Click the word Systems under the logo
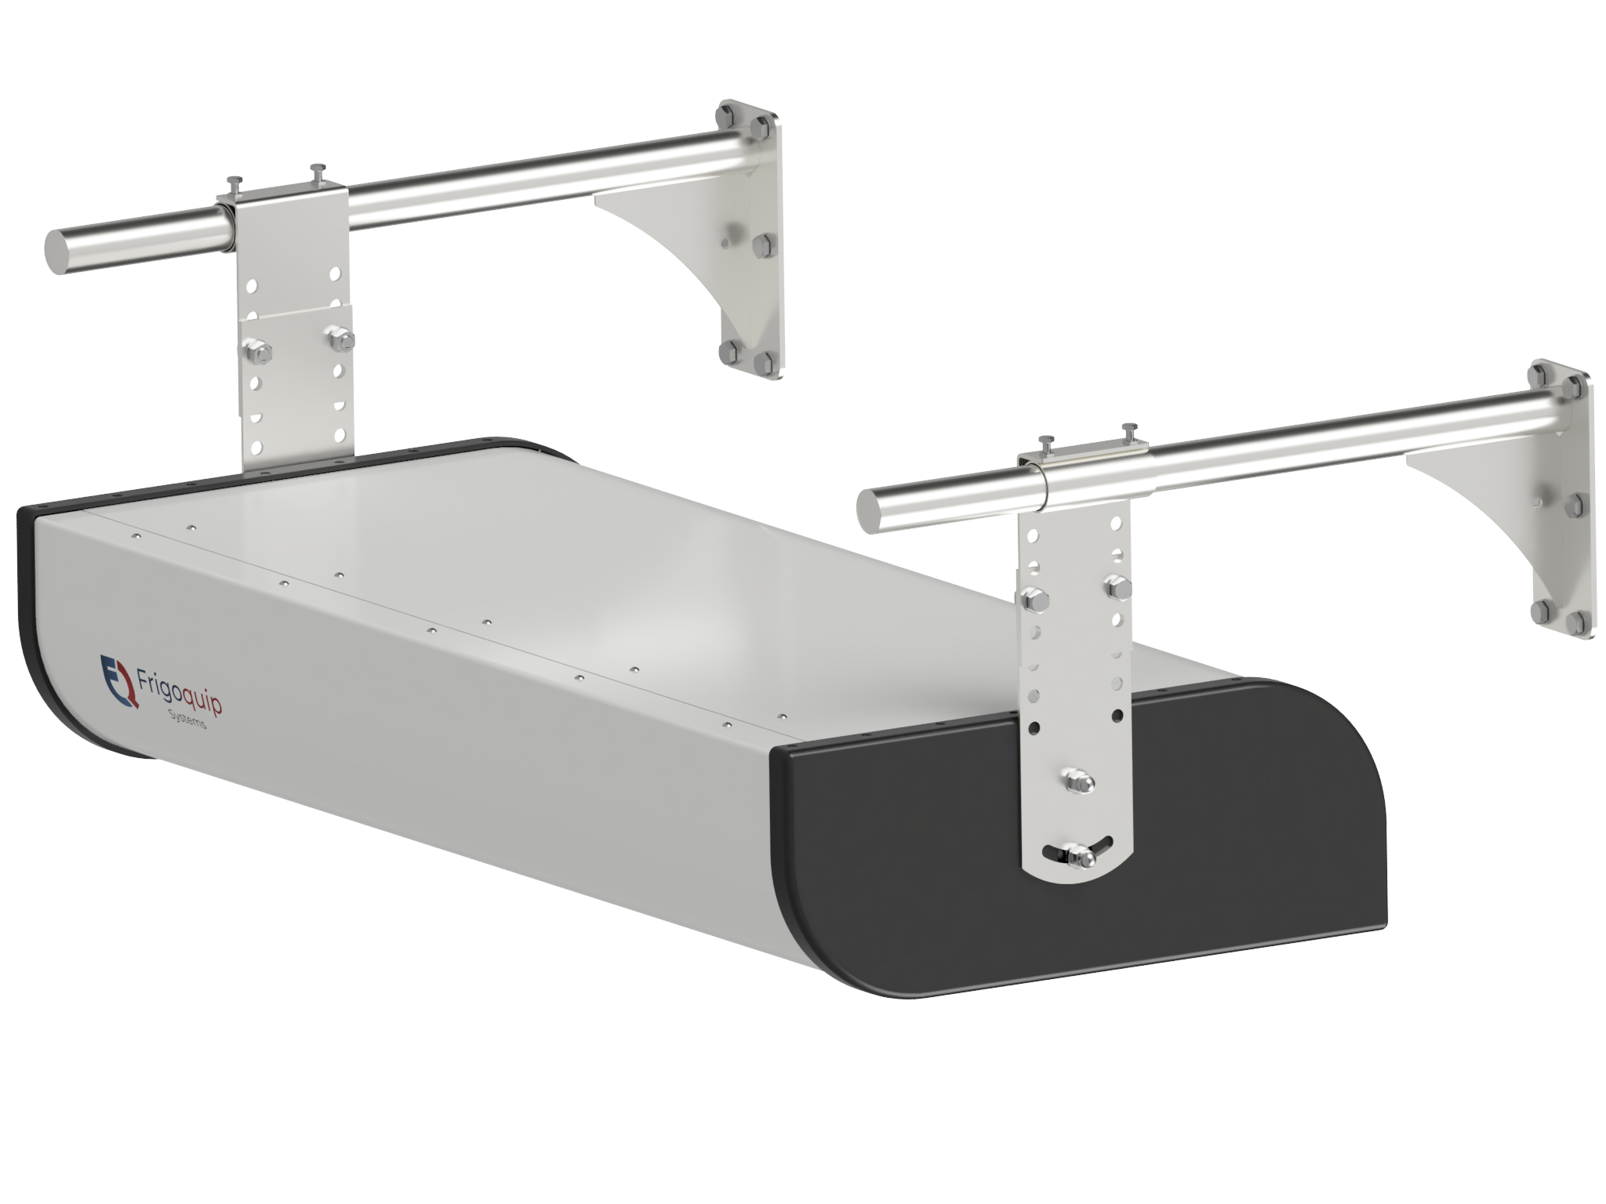187,720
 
